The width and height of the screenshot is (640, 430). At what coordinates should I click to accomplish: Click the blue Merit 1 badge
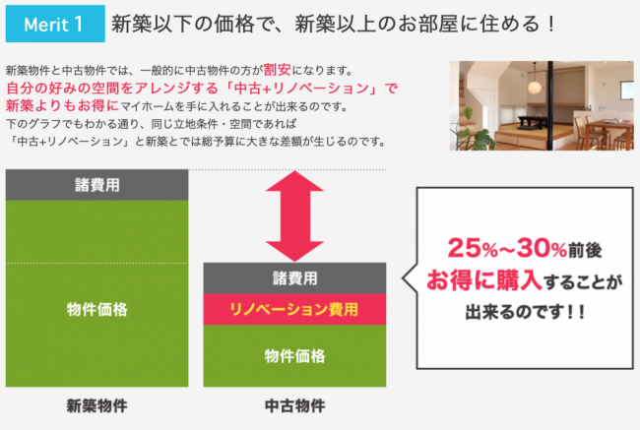click(x=55, y=24)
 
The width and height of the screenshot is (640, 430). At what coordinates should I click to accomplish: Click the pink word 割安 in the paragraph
click(x=277, y=70)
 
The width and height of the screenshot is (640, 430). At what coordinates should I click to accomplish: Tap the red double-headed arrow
click(x=294, y=215)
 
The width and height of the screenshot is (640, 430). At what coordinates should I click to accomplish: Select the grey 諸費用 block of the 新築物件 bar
click(x=97, y=185)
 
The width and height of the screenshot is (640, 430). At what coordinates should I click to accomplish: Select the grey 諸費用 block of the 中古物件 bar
click(x=294, y=278)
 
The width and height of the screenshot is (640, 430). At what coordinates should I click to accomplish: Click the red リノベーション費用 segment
click(x=294, y=309)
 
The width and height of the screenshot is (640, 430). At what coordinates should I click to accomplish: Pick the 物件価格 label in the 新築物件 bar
click(x=97, y=309)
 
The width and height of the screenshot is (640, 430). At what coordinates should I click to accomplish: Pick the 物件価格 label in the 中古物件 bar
click(x=294, y=356)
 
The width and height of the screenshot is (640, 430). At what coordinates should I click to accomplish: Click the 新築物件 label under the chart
click(x=97, y=405)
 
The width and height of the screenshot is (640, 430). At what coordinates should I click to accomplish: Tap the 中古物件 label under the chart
click(x=294, y=405)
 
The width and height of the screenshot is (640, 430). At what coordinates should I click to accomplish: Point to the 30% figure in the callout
click(x=542, y=248)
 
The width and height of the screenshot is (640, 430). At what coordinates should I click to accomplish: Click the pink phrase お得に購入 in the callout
click(x=484, y=280)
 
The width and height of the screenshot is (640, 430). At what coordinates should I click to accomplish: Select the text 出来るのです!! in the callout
click(x=526, y=312)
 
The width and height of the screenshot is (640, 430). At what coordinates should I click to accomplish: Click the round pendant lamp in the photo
click(x=534, y=86)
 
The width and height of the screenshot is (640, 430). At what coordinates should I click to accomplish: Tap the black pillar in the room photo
click(x=550, y=105)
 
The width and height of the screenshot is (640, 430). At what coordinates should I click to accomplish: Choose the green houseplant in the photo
click(x=472, y=130)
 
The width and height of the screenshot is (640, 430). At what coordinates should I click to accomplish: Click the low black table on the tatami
click(x=531, y=121)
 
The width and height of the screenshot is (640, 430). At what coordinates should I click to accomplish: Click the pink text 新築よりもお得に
click(x=62, y=105)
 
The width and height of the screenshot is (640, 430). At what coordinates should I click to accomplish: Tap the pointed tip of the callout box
click(x=403, y=278)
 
